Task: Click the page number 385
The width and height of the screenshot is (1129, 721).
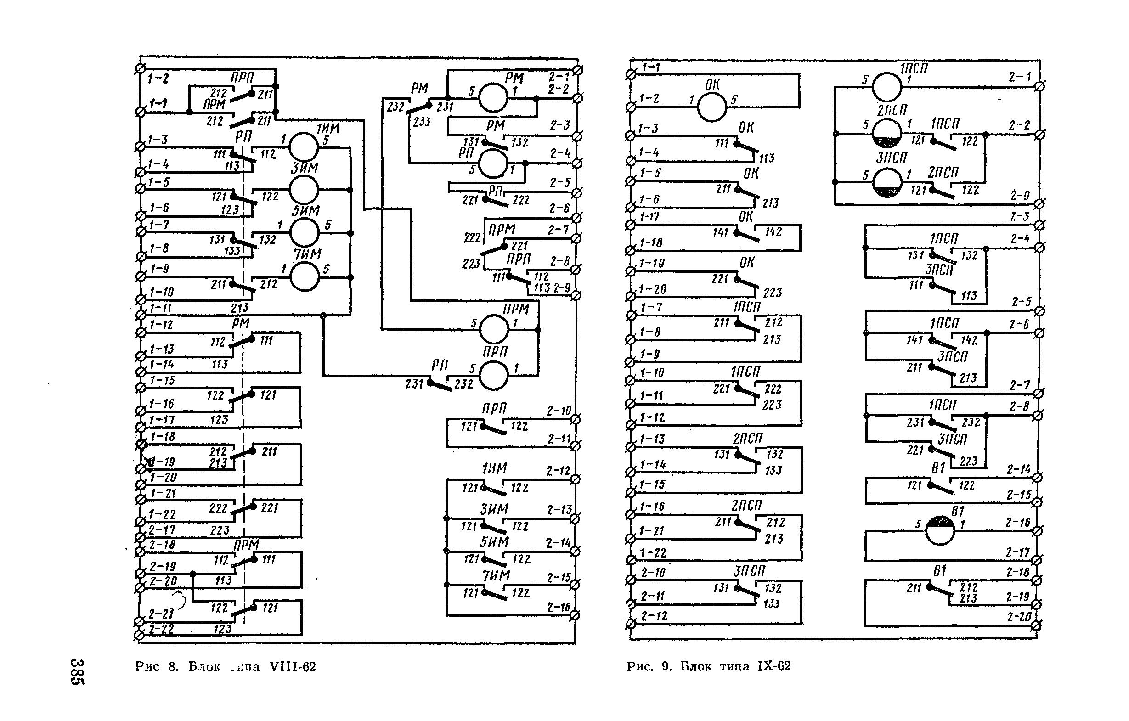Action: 77,671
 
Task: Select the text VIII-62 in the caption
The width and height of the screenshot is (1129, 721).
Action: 293,667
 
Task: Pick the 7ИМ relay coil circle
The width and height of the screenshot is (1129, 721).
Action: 305,276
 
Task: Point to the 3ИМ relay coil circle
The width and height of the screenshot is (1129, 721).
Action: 304,189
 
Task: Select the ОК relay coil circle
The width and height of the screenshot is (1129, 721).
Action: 712,107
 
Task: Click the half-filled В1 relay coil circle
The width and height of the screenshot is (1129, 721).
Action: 940,530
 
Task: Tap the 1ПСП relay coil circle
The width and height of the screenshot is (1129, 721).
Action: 886,87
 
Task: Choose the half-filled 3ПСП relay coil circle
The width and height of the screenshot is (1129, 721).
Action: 887,183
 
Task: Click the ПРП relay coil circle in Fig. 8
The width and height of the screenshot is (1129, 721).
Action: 494,375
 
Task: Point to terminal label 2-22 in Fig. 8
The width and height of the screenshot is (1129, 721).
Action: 161,629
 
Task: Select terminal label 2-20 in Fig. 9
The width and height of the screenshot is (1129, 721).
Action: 1017,617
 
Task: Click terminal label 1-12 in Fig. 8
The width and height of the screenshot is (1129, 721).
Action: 161,324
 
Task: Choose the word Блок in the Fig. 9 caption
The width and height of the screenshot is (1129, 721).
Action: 697,666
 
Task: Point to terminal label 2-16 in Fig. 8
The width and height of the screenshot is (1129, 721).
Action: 559,608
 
